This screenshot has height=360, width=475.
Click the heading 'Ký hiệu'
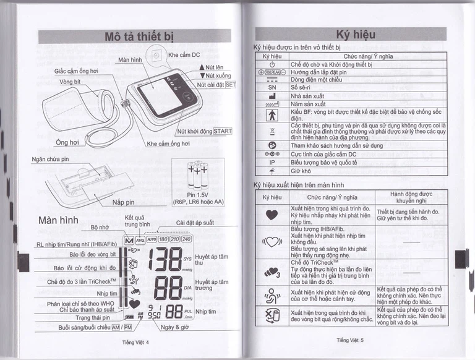pyautogui.click(x=355, y=35)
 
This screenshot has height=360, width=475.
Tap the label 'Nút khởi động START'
pyautogui.click(x=204, y=131)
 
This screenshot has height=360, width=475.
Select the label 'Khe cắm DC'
pyautogui.click(x=184, y=54)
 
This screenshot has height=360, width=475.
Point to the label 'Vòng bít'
pyautogui.click(x=70, y=82)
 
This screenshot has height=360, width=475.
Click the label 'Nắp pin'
pyautogui.click(x=123, y=202)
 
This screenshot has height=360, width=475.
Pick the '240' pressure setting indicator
pyautogui.click(x=186, y=239)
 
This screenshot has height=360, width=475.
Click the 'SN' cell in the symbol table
pyautogui.click(x=272, y=87)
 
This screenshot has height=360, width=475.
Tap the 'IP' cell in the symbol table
pyautogui.click(x=272, y=162)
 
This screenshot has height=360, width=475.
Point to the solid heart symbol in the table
pyautogui.click(x=272, y=215)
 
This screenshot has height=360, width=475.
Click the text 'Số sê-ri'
pyautogui.click(x=302, y=87)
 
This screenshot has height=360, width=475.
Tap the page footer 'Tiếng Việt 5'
pyautogui.click(x=350, y=340)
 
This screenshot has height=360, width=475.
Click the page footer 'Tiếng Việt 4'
pyautogui.click(x=136, y=341)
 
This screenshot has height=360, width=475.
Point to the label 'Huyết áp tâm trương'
pyautogui.click(x=212, y=285)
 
